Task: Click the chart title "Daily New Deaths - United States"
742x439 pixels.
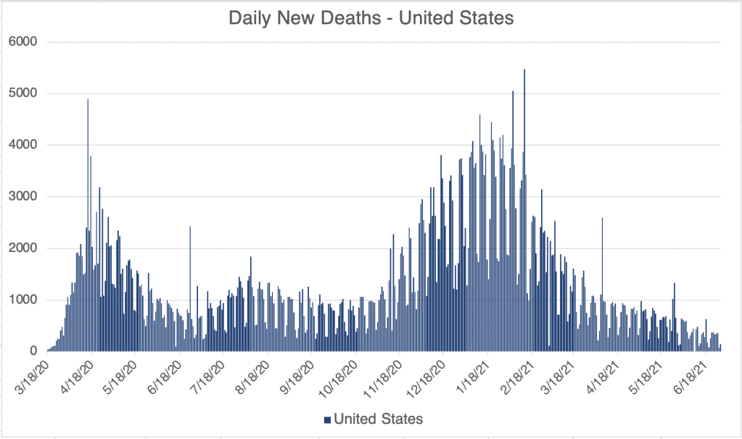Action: pyautogui.click(x=371, y=17)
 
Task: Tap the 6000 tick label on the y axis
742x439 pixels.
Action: pyautogui.click(x=22, y=42)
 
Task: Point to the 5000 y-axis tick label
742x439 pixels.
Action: pyautogui.click(x=22, y=93)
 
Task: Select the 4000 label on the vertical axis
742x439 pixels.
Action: pyautogui.click(x=22, y=145)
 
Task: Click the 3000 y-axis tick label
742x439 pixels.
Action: pyautogui.click(x=22, y=196)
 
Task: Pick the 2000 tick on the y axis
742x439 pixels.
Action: pyautogui.click(x=22, y=248)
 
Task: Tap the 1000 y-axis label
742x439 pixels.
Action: pyautogui.click(x=22, y=300)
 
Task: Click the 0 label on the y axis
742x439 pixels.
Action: pyautogui.click(x=33, y=351)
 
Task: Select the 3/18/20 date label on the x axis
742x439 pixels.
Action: pyautogui.click(x=35, y=378)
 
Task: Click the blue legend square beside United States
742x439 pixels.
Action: pyautogui.click(x=326, y=419)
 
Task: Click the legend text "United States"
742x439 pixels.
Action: pyautogui.click(x=378, y=419)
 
